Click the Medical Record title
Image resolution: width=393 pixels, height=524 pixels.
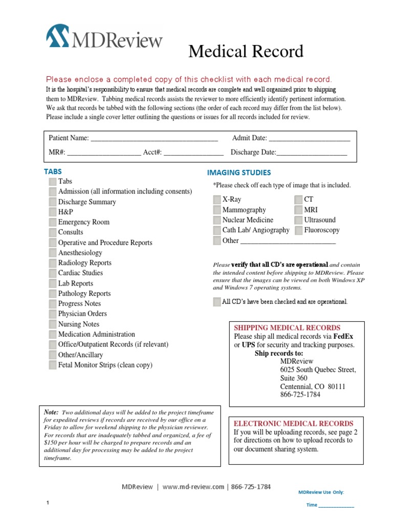pyautogui.click(x=246, y=51)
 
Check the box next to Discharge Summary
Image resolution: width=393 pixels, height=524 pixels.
pyautogui.click(x=53, y=202)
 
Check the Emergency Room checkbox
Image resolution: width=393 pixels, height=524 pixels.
pyautogui.click(x=53, y=222)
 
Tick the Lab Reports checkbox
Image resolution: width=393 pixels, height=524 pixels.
pyautogui.click(x=53, y=283)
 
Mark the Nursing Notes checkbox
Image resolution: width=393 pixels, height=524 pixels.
pyautogui.click(x=53, y=324)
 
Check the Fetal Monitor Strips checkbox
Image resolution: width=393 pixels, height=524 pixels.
pyautogui.click(x=53, y=365)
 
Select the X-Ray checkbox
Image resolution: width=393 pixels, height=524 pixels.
pyautogui.click(x=217, y=200)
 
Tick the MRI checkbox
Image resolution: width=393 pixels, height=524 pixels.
pyautogui.click(x=299, y=210)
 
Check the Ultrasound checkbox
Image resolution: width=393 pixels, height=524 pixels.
pyautogui.click(x=299, y=220)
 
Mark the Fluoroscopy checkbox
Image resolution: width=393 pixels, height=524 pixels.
pyautogui.click(x=299, y=230)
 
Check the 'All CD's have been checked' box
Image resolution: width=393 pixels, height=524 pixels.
pyautogui.click(x=217, y=301)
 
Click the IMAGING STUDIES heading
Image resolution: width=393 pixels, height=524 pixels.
pyautogui.click(x=238, y=173)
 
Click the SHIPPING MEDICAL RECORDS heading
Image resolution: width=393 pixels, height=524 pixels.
pyautogui.click(x=287, y=328)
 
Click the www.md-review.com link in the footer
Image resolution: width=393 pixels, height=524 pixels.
pyautogui.click(x=193, y=487)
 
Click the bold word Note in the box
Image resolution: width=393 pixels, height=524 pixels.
pyautogui.click(x=51, y=412)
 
